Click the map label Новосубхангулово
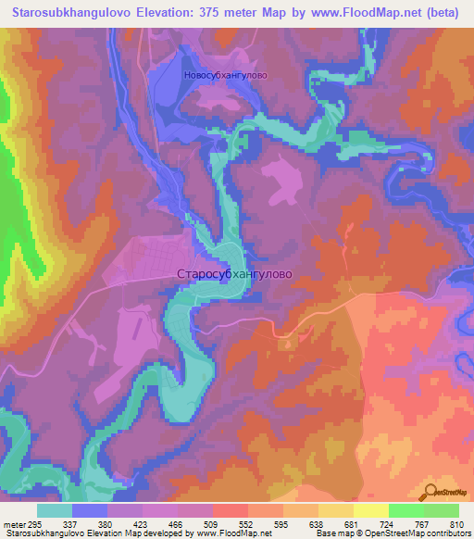225,78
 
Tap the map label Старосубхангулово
234,275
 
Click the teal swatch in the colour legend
55,509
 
